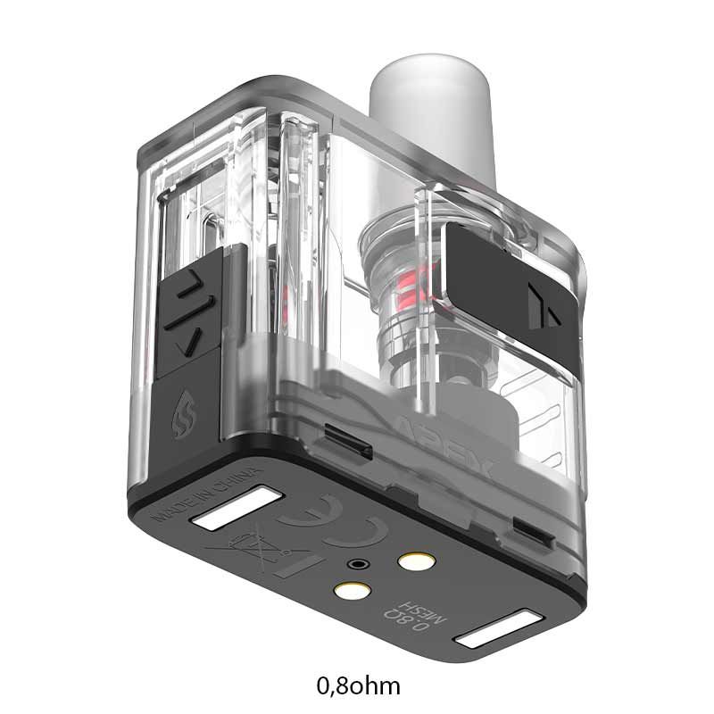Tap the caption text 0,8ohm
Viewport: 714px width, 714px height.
click(x=358, y=686)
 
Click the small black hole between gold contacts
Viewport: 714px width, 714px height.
click(x=359, y=564)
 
